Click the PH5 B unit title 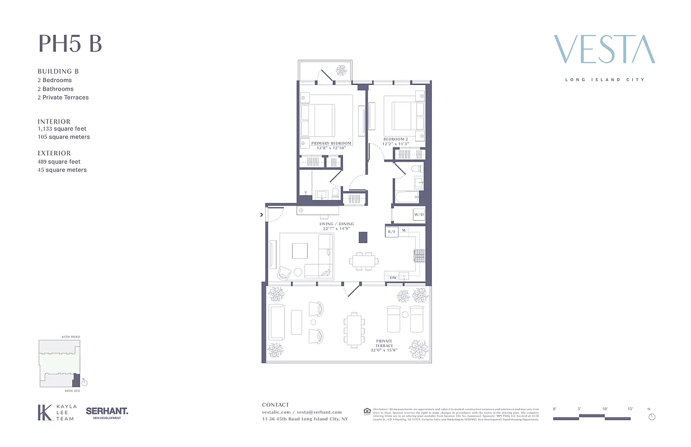[x=70, y=44]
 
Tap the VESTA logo [x=604, y=50]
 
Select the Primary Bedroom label [x=331, y=144]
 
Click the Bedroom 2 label [x=396, y=139]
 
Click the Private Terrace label [x=384, y=341]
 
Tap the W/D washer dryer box [x=419, y=215]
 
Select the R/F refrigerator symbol [x=392, y=231]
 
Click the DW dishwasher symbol [x=393, y=277]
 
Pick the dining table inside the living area [x=364, y=260]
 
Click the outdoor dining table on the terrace [x=354, y=330]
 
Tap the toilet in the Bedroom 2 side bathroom [x=417, y=169]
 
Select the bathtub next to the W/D [x=407, y=197]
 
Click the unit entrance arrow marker [x=262, y=213]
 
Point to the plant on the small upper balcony [x=340, y=70]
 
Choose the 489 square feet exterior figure [x=59, y=161]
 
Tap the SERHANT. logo [x=107, y=411]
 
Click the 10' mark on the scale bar [x=605, y=409]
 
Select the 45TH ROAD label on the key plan [x=70, y=337]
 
